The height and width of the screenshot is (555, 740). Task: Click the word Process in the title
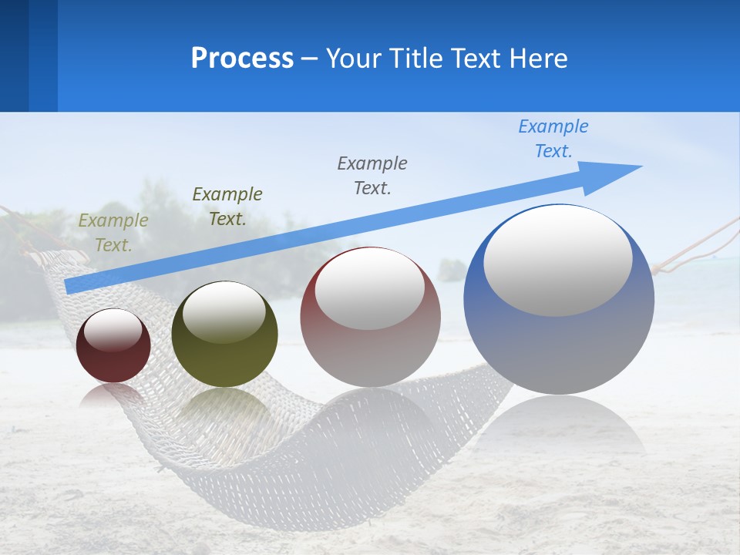tap(242, 58)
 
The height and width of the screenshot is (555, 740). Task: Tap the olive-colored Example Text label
tap(113, 232)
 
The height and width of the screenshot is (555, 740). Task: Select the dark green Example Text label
tap(227, 206)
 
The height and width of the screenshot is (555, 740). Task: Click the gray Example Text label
tap(372, 175)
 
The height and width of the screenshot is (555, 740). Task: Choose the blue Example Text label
tap(553, 138)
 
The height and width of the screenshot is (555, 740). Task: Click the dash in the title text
tap(310, 59)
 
